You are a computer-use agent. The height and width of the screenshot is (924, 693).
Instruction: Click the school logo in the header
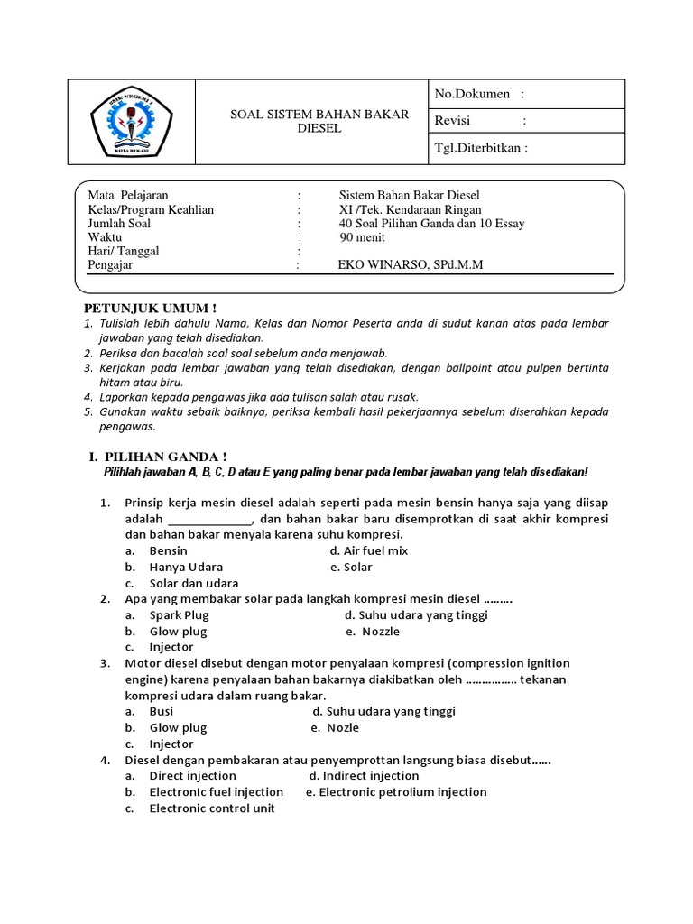[x=133, y=122]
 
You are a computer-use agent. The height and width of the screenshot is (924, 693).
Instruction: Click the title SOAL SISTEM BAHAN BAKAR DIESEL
[x=319, y=121]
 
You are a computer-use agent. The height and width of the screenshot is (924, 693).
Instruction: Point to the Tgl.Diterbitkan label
[x=481, y=149]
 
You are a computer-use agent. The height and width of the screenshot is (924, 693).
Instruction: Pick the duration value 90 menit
[x=362, y=237]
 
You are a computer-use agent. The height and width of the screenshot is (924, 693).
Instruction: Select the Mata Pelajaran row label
[x=127, y=196]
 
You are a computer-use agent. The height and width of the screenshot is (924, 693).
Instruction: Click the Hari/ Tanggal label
[x=123, y=251]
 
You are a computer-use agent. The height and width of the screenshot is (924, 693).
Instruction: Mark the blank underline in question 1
[x=210, y=520]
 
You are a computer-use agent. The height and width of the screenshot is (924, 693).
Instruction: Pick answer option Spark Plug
[x=179, y=615]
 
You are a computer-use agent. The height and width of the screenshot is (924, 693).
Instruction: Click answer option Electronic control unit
[x=211, y=808]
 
